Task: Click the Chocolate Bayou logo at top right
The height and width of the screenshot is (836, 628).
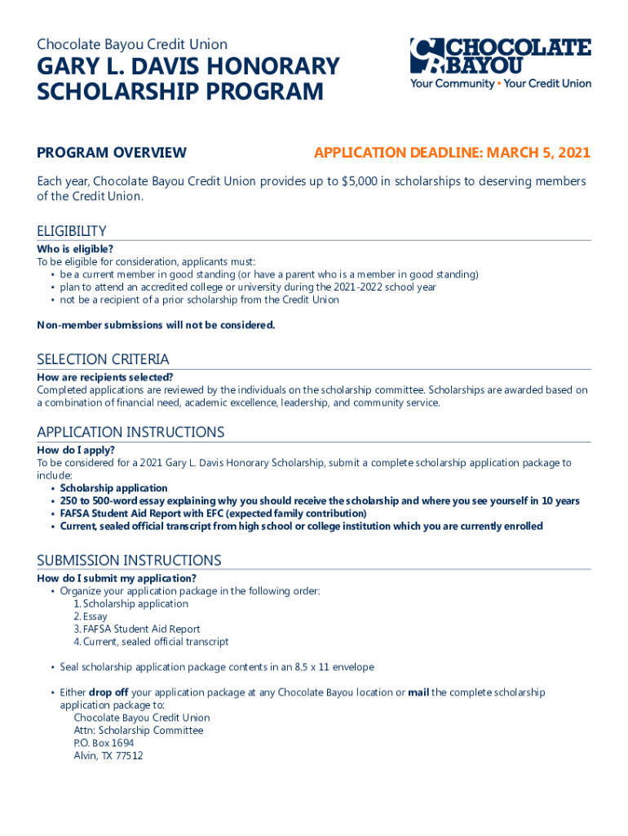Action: (499, 62)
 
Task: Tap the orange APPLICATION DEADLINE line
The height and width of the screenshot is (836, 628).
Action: (452, 153)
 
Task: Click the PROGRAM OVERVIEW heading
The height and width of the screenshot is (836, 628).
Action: (112, 153)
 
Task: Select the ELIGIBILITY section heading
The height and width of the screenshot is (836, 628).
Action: (72, 231)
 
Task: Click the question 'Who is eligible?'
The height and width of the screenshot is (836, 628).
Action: (75, 249)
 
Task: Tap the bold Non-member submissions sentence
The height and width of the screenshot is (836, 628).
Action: (156, 326)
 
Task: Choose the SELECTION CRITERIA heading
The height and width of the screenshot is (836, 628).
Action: (103, 359)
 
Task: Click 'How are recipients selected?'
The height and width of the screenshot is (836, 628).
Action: (104, 377)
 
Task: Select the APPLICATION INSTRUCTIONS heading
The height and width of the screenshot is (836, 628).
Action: (130, 432)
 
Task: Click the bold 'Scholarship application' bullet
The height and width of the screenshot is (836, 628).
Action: (113, 488)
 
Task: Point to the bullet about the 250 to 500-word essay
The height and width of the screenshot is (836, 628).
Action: (320, 501)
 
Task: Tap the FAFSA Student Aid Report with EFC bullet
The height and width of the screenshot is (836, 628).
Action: (213, 514)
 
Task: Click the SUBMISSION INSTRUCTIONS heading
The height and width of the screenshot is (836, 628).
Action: (129, 560)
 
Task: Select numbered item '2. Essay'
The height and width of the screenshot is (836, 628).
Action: (90, 617)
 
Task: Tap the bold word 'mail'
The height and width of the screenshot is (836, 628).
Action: (418, 692)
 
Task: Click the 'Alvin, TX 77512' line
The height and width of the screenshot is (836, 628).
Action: (108, 756)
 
